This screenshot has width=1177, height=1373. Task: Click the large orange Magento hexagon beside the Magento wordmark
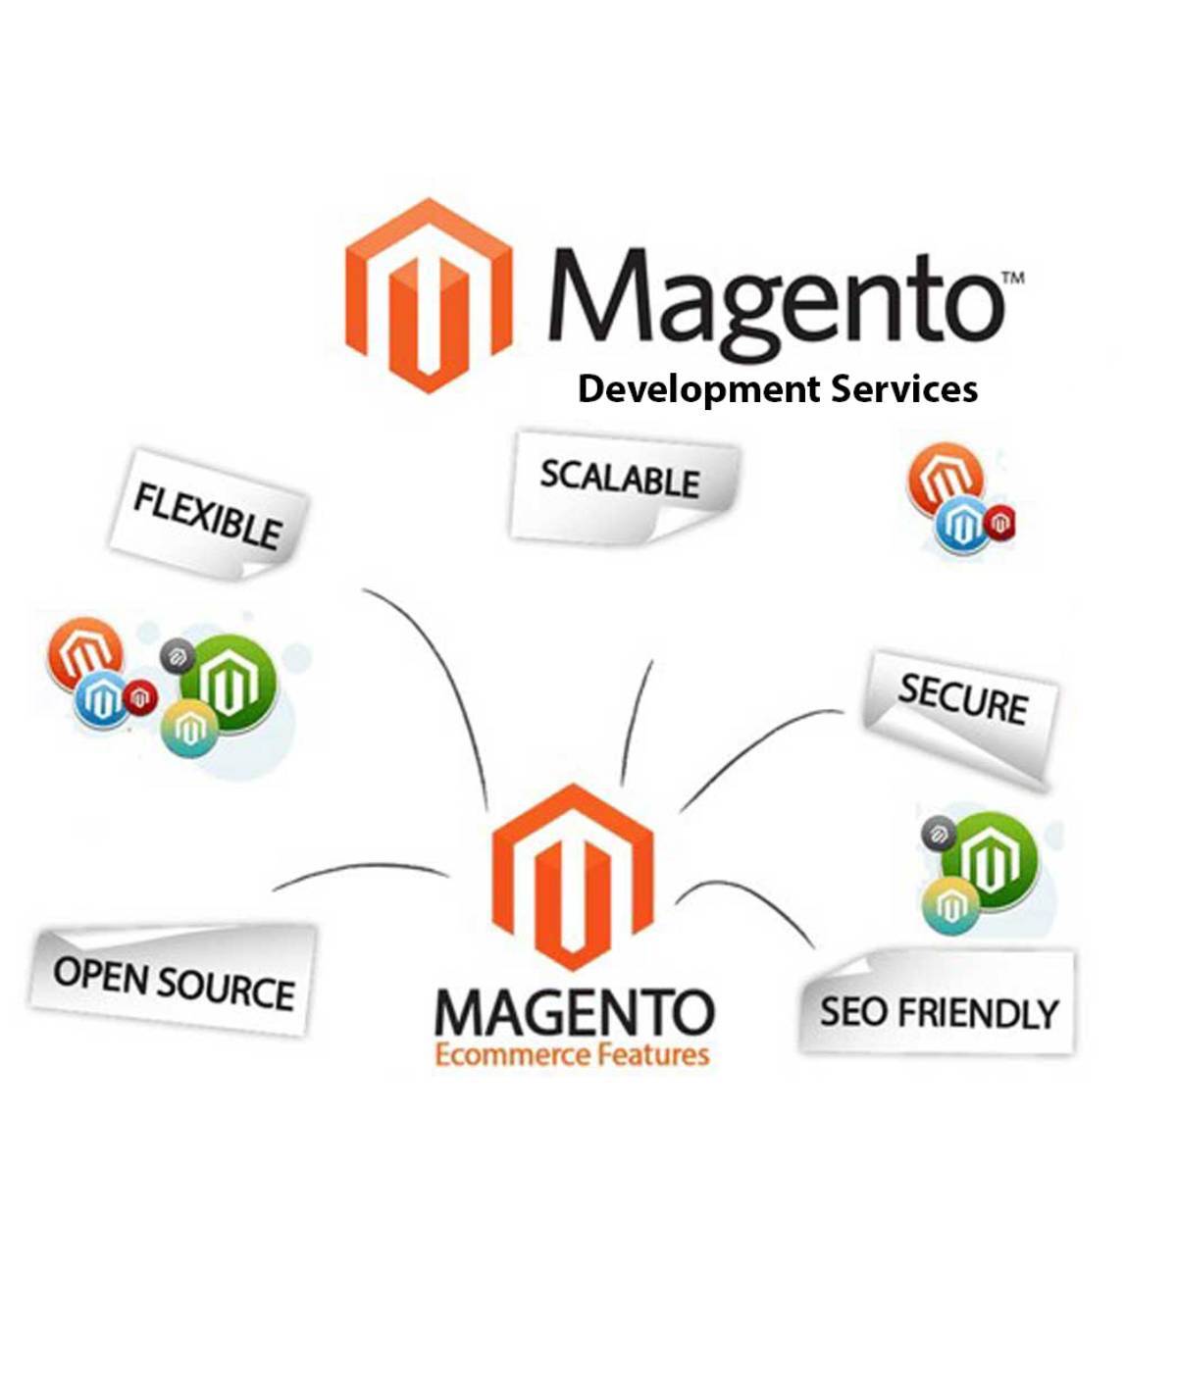tap(429, 295)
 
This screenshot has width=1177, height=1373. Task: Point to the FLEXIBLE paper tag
tap(208, 514)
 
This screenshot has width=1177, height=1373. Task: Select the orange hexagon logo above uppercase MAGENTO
tap(573, 877)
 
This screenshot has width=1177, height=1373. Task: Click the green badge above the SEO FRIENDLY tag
tap(989, 859)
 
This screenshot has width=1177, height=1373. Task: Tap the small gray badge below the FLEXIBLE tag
tap(178, 656)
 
